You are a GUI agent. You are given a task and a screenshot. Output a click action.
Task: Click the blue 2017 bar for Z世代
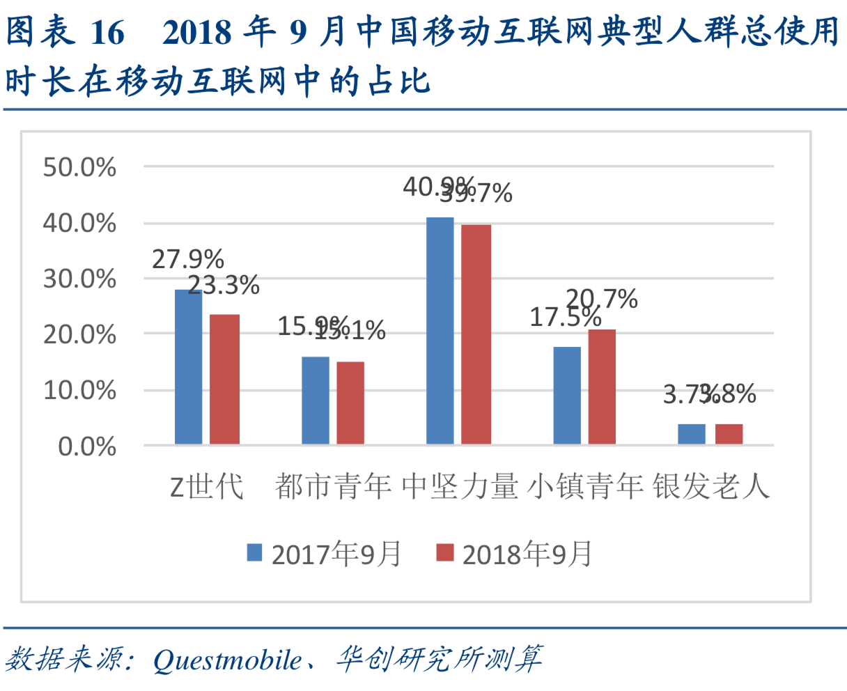[x=188, y=367]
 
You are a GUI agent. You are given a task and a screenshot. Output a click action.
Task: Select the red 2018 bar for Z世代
[x=224, y=380]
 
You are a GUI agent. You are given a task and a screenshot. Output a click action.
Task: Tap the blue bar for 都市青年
[x=315, y=401]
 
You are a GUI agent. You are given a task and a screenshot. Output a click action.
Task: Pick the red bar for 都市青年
[x=350, y=403]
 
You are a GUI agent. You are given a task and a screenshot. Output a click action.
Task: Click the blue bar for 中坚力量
[x=440, y=331]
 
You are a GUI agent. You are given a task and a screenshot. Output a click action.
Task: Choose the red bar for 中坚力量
[x=476, y=334]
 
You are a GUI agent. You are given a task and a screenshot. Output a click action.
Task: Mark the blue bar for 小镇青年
[x=567, y=396]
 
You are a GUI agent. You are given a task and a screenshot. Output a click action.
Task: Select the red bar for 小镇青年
[x=602, y=387]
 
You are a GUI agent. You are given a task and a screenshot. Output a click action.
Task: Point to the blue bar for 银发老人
[x=691, y=434]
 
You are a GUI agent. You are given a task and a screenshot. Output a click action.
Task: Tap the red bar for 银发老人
[x=729, y=434]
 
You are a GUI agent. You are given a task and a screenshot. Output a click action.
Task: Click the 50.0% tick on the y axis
[x=79, y=167]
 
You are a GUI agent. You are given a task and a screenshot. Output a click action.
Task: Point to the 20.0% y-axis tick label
[x=79, y=334]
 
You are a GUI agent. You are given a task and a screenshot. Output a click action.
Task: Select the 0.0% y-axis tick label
[x=87, y=446]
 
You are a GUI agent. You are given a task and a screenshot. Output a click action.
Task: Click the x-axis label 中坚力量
[x=460, y=486]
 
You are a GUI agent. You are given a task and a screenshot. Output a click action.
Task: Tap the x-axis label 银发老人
[x=711, y=486]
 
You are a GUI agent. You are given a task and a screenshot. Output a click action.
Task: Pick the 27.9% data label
[x=188, y=259]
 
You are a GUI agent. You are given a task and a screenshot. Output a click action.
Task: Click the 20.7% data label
[x=602, y=300]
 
